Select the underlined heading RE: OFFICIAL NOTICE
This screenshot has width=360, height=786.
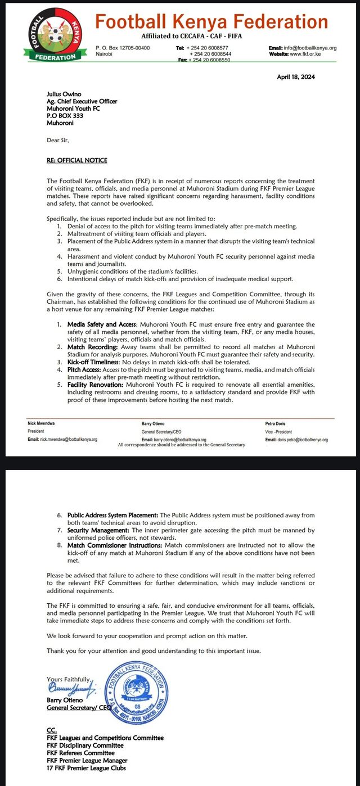click(x=78, y=161)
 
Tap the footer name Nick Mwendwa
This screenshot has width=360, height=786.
click(x=43, y=423)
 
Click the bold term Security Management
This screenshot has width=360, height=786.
click(x=98, y=530)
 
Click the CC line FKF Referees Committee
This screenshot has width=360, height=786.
click(x=80, y=753)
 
